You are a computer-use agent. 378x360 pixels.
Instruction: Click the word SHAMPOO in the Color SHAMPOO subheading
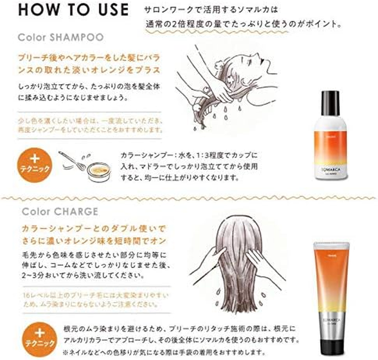pos(80,37)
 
